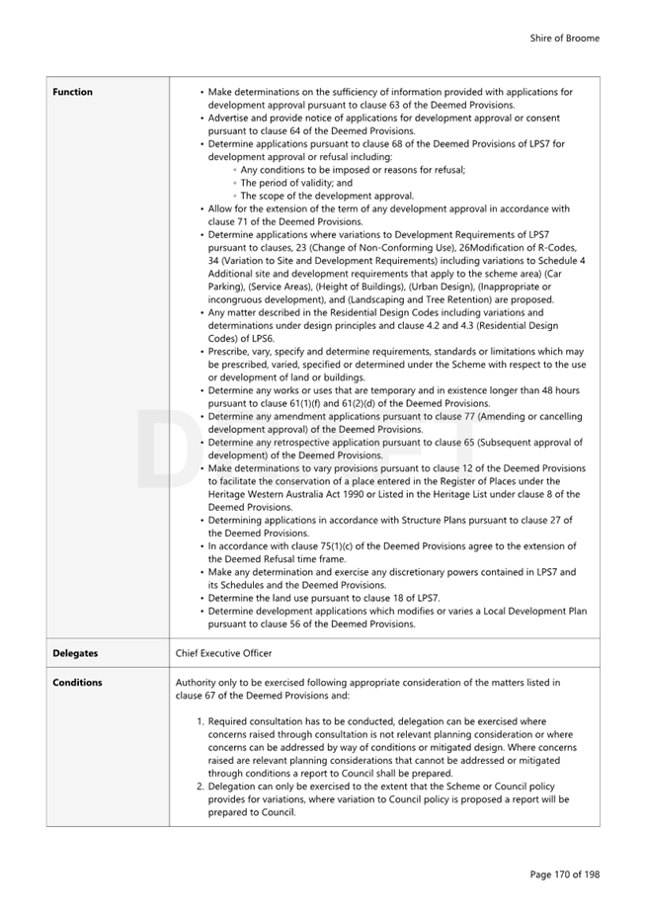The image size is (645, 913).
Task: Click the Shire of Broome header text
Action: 564,39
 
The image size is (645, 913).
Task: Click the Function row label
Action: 72,92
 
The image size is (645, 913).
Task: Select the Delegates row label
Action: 75,653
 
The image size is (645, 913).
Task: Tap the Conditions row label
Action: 77,683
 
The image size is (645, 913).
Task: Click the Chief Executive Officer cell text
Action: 223,653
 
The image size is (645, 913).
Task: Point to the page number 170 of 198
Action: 564,874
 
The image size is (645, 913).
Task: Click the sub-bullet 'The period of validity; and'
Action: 295,183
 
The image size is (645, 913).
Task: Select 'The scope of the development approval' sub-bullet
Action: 326,196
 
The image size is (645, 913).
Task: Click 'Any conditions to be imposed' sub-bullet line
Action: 352,170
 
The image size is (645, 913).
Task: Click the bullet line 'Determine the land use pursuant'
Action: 324,598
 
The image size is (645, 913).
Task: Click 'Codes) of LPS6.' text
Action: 241,338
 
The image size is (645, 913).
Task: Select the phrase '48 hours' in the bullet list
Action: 560,390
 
